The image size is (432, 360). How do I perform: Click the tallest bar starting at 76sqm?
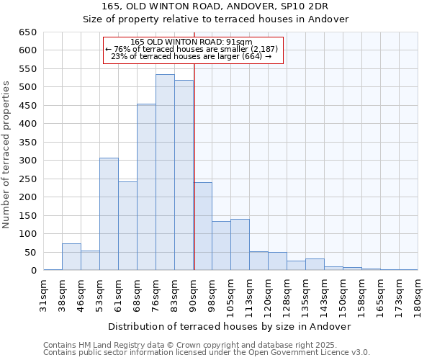(165, 173)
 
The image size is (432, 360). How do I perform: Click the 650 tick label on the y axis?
(27, 32)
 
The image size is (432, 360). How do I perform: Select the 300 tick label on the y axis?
(27, 161)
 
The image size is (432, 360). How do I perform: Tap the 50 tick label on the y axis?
(30, 252)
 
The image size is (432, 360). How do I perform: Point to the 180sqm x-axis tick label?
(418, 295)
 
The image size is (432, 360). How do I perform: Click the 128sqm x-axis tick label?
(287, 295)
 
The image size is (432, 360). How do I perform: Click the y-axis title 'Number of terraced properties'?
(6, 155)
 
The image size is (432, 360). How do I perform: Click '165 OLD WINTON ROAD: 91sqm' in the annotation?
(192, 42)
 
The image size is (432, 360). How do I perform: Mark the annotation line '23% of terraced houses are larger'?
(192, 57)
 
